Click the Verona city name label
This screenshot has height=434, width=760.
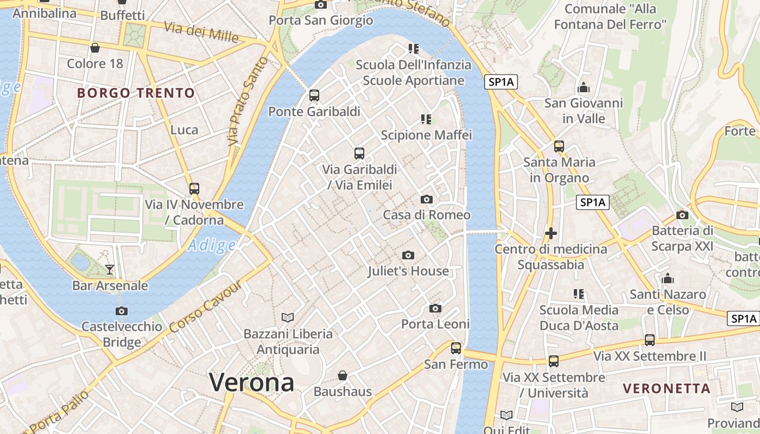click(x=252, y=382)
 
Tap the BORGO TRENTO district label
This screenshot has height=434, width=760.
click(x=136, y=93)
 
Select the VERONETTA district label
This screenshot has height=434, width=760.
click(x=667, y=388)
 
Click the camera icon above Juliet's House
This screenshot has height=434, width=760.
click(x=408, y=255)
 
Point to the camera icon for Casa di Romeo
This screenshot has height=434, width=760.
click(x=427, y=199)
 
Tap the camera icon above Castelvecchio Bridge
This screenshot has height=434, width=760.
click(x=122, y=311)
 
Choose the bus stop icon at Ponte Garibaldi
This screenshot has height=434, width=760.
click(x=314, y=95)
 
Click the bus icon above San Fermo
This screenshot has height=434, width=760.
click(x=456, y=348)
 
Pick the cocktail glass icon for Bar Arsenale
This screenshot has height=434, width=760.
click(x=110, y=269)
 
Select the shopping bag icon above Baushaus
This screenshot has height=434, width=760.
click(x=343, y=375)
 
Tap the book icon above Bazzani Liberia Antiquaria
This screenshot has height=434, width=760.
click(x=287, y=317)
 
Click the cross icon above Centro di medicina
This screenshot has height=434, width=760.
click(x=551, y=233)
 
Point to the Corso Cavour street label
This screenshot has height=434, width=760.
click(x=205, y=308)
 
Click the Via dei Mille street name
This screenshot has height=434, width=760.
click(x=201, y=33)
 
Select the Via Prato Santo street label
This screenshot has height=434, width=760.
click(x=248, y=101)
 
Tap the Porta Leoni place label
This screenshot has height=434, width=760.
click(x=435, y=324)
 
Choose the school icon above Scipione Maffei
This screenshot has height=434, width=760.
click(x=426, y=119)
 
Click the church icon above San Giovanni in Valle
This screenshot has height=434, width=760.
click(x=584, y=87)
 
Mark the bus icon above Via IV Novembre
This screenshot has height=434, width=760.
click(x=194, y=189)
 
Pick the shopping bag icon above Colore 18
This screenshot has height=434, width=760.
click(x=95, y=48)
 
